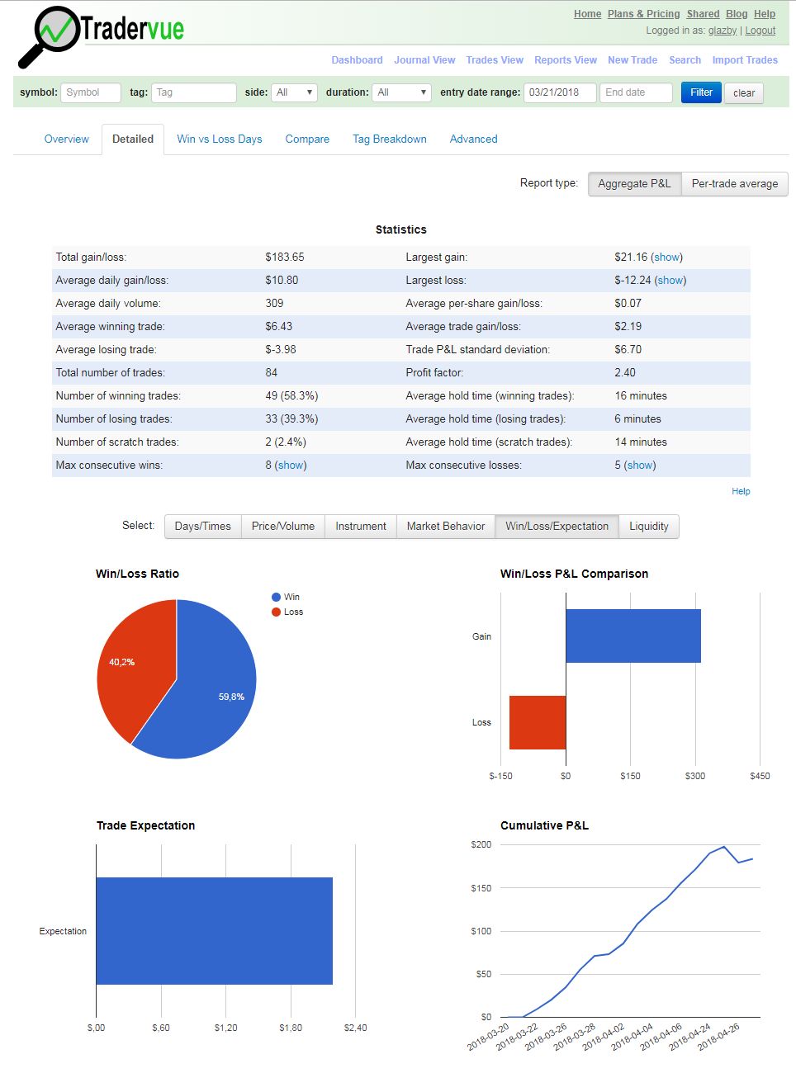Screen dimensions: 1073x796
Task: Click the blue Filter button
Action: tap(701, 92)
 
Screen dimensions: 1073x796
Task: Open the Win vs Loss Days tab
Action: tap(219, 139)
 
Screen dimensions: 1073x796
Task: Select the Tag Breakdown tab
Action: tap(389, 139)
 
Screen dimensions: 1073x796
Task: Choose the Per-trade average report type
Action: tap(734, 183)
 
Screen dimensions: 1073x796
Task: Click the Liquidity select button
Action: tap(648, 526)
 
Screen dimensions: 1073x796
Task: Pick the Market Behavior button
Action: tap(445, 526)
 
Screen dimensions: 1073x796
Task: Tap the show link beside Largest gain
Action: tap(667, 258)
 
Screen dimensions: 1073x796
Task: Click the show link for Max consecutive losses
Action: tap(641, 466)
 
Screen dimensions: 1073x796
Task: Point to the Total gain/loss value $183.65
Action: tap(284, 258)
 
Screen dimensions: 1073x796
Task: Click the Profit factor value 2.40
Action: tap(625, 373)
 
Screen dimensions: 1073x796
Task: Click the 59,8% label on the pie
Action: tap(231, 697)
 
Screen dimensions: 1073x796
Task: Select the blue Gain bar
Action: tap(633, 636)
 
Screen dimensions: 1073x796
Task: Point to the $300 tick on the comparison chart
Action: tap(695, 776)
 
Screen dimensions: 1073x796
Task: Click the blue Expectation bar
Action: tap(214, 930)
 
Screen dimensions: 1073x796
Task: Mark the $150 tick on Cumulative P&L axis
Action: tap(481, 888)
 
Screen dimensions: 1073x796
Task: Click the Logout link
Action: tap(760, 31)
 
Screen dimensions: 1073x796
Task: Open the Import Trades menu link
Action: tap(745, 60)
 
